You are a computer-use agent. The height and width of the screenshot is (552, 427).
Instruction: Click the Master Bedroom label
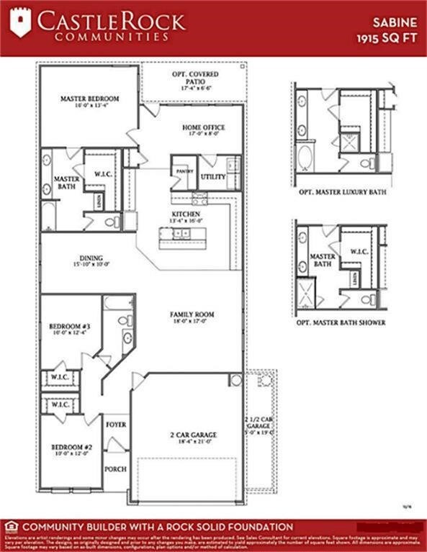[x=89, y=99]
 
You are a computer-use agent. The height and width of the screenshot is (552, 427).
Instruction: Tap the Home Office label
[x=203, y=127]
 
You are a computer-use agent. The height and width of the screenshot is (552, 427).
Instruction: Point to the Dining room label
[x=91, y=258]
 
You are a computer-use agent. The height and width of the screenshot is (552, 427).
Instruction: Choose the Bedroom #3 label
[x=69, y=324]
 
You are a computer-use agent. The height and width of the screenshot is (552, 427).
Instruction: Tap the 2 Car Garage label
[x=192, y=435]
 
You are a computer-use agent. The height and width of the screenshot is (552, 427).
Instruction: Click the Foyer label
[x=116, y=425]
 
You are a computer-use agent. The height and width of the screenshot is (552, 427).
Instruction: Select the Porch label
[x=116, y=469]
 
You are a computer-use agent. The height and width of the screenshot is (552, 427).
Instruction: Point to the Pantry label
[x=180, y=171]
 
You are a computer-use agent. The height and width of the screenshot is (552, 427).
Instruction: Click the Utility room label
[x=213, y=176]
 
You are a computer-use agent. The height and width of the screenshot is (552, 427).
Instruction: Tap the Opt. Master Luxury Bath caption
[x=343, y=193]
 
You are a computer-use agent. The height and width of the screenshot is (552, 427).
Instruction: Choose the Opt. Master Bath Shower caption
[x=341, y=322]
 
